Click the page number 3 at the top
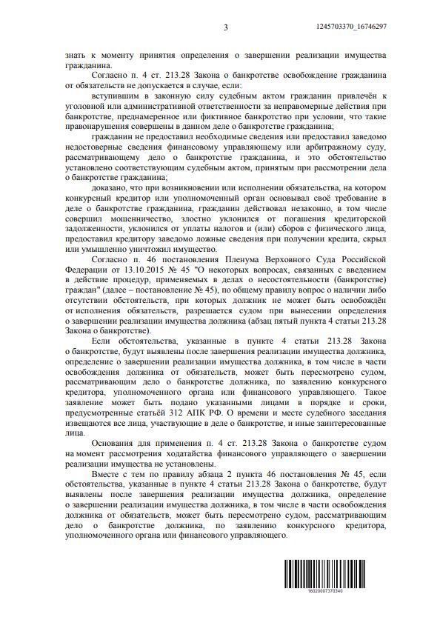point(225,28)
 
